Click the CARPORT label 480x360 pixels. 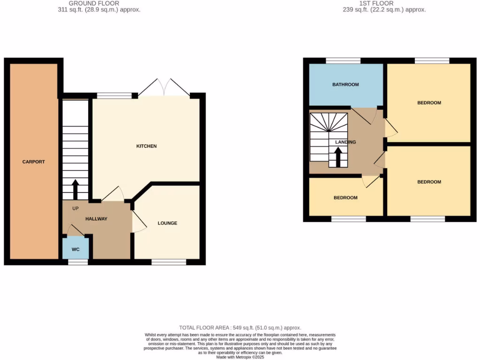34,162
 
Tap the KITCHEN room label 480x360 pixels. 146,146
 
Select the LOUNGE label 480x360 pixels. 167,223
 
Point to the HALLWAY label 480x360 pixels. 97,219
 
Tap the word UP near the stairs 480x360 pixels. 75,208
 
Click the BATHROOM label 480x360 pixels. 345,85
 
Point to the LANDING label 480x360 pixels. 345,142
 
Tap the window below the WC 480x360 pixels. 78,262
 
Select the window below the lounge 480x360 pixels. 169,262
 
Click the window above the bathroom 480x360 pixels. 343,60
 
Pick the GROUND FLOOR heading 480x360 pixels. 94,3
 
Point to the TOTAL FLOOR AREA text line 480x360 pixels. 240,328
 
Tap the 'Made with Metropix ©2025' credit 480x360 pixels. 240,357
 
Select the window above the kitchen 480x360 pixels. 114,96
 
